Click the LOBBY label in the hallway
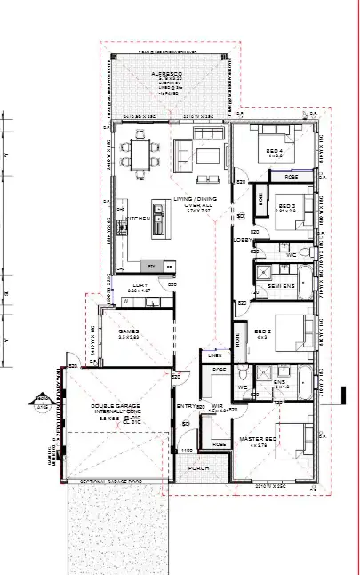tap(242, 239)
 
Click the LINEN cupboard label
tap(214, 355)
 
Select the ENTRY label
tap(187, 406)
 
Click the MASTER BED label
tap(260, 439)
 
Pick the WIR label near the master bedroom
tap(217, 408)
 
